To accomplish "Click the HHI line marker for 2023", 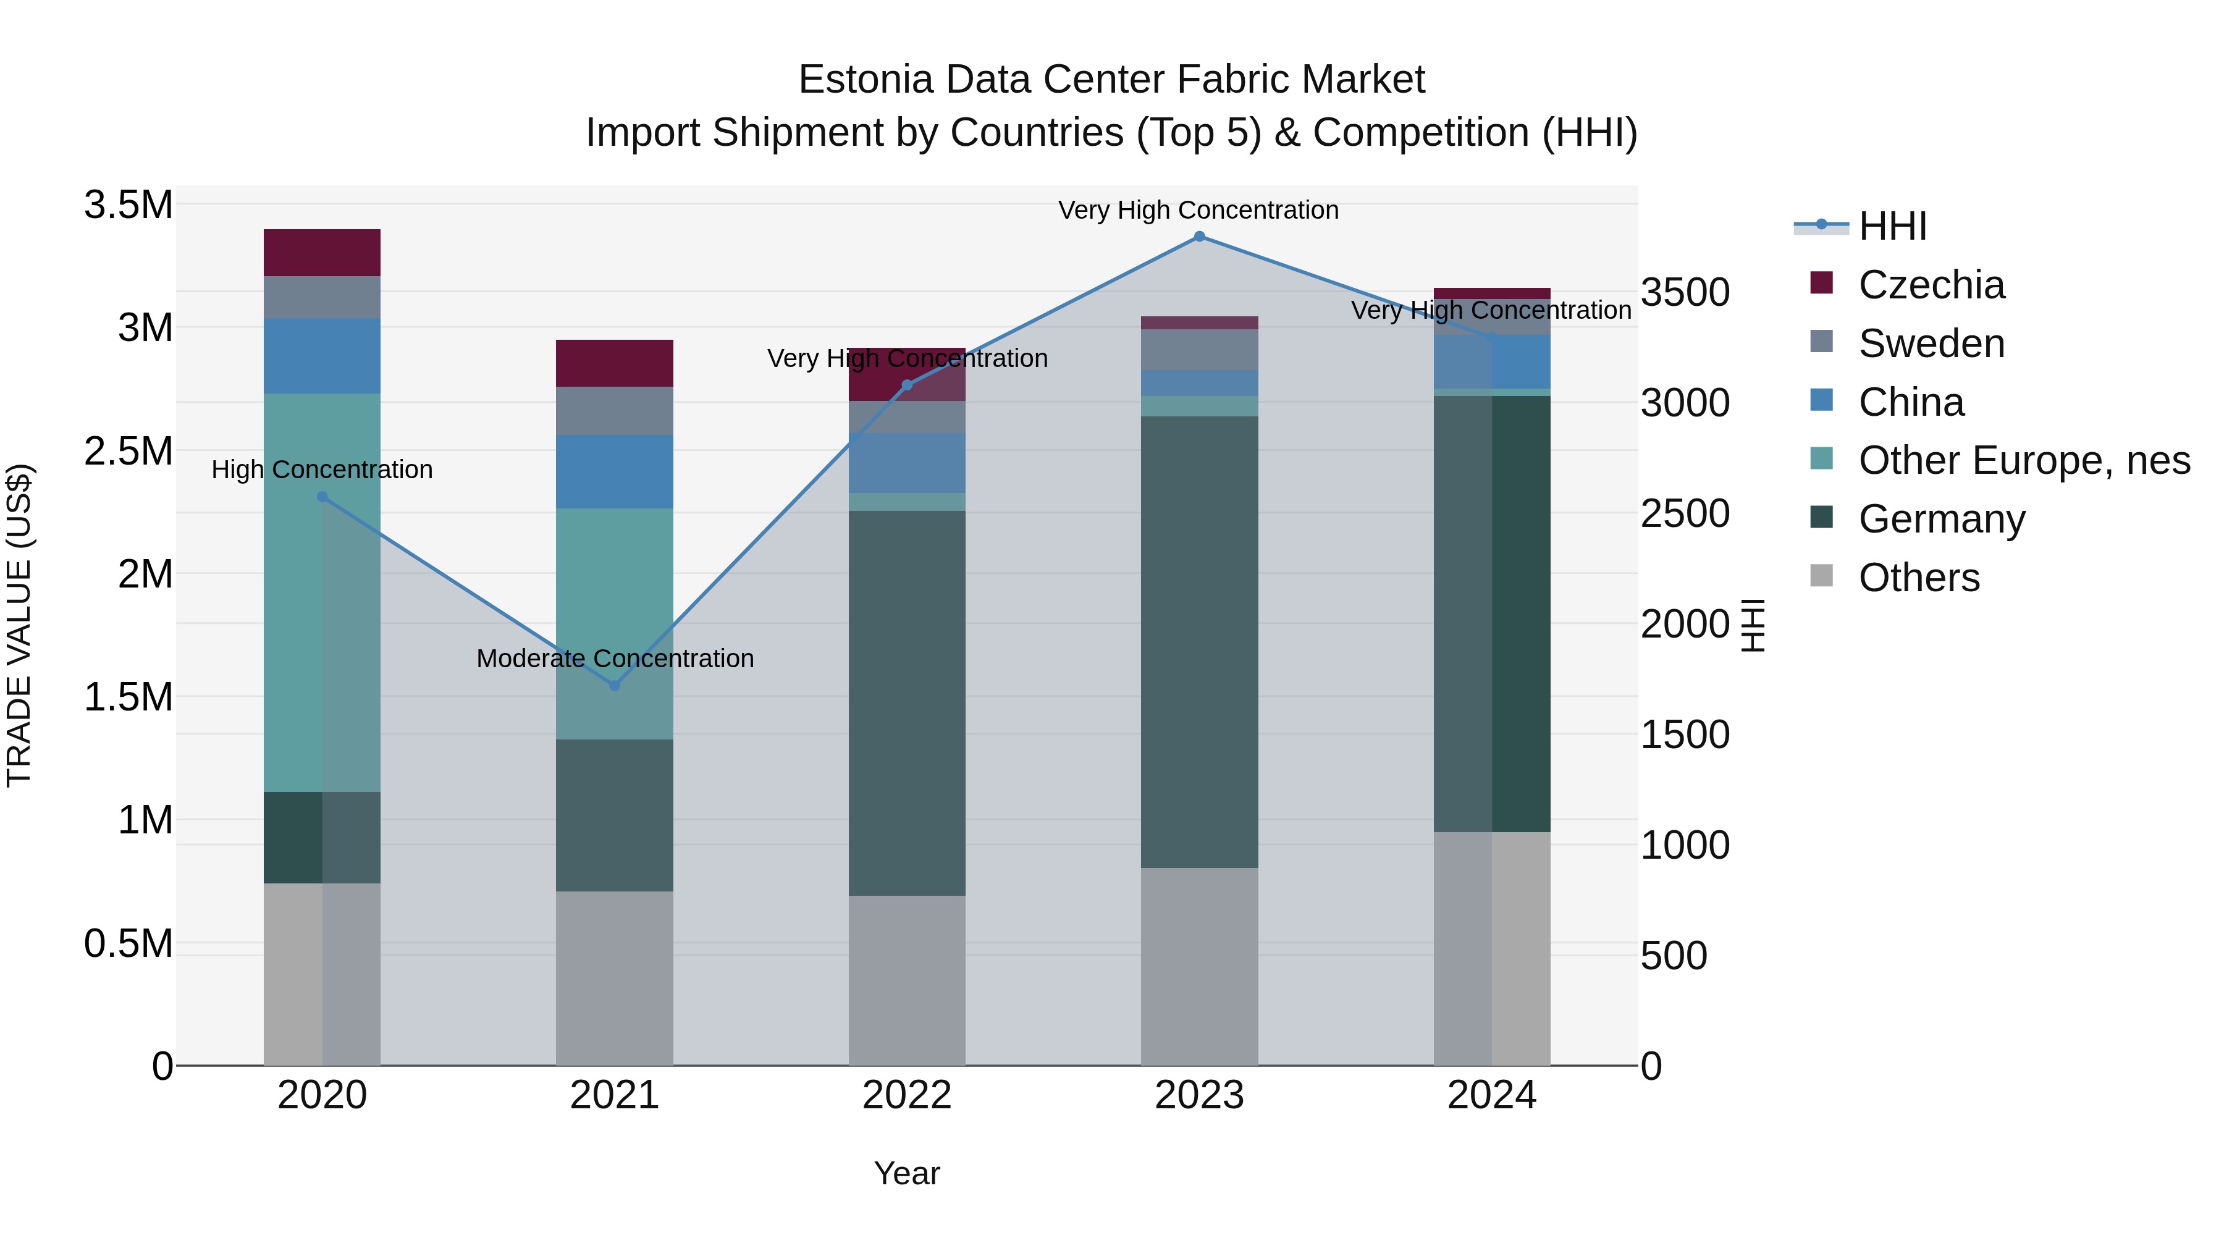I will pyautogui.click(x=1199, y=237).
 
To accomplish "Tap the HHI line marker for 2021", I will pyautogui.click(x=615, y=686).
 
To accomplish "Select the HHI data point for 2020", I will pyautogui.click(x=322, y=497).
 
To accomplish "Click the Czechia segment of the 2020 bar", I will pyautogui.click(x=322, y=253).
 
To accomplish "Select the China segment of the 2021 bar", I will pyautogui.click(x=615, y=471).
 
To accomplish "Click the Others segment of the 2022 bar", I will pyautogui.click(x=906, y=980).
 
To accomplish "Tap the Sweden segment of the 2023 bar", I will pyautogui.click(x=1199, y=350).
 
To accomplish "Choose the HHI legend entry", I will pyautogui.click(x=1892, y=226).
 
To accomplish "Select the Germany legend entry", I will pyautogui.click(x=1941, y=519).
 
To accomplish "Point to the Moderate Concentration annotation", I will pyautogui.click(x=615, y=659).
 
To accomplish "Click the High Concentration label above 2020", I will pyautogui.click(x=322, y=470).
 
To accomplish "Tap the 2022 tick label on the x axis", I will pyautogui.click(x=906, y=1095).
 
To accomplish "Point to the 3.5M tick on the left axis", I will pyautogui.click(x=128, y=206).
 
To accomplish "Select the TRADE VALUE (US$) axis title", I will pyautogui.click(x=20, y=625).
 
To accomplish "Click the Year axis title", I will pyautogui.click(x=906, y=1173).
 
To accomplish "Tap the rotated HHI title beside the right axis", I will pyautogui.click(x=1753, y=625).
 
